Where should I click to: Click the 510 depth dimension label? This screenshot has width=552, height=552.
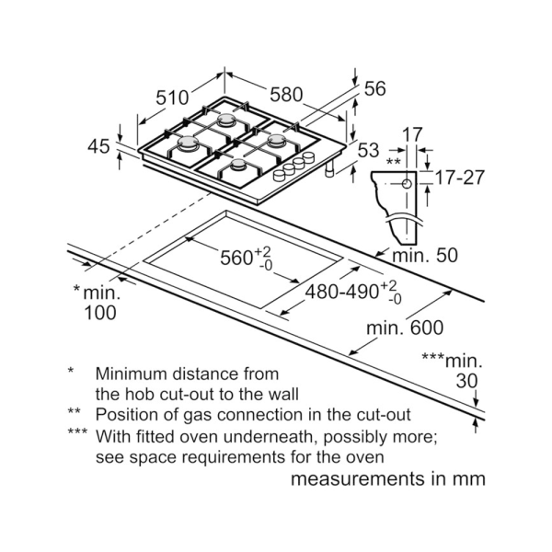coord(172,98)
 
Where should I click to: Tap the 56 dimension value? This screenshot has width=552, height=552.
coord(374,89)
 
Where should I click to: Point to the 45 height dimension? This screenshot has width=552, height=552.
coord(99,145)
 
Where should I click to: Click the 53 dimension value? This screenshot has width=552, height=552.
coord(367,151)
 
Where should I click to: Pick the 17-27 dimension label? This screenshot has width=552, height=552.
coord(459,178)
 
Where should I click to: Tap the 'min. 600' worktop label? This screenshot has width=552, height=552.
coord(404,328)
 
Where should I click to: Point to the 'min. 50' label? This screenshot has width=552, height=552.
coord(425,256)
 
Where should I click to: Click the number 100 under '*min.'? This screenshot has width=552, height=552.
coord(99,313)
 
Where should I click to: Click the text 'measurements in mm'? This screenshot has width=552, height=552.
coord(387,479)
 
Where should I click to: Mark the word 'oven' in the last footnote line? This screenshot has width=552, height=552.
coord(362,456)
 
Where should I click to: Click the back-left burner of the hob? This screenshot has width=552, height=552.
coord(226,120)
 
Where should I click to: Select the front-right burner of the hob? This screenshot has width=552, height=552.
coord(238,166)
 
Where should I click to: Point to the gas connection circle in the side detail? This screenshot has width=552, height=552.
coord(406,184)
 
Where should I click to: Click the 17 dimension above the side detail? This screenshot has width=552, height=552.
coord(411,133)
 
